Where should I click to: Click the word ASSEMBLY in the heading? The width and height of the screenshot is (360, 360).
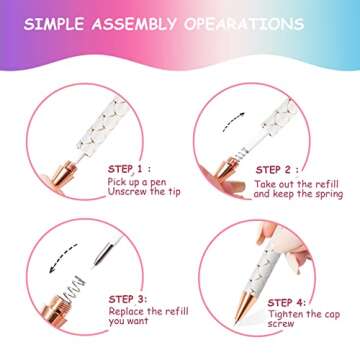[153, 22]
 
